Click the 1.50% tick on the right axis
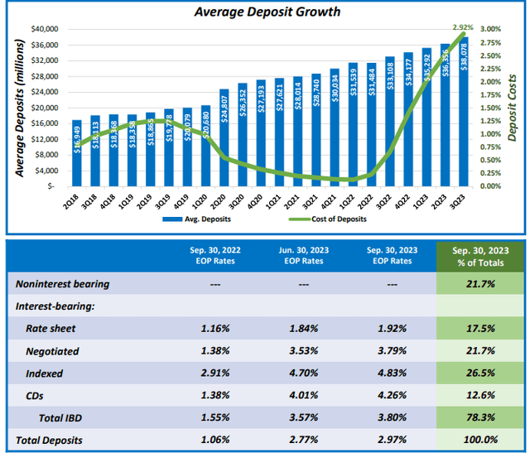[x=492, y=108]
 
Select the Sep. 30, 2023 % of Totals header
[x=480, y=257]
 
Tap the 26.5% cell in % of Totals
[x=480, y=373]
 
